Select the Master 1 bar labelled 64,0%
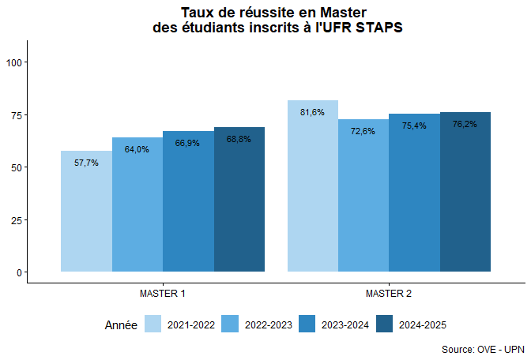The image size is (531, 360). coord(137,205)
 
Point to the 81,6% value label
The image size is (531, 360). coord(313,112)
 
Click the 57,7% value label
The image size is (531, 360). coord(86,163)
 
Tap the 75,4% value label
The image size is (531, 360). coord(414,126)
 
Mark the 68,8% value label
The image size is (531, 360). coord(239,139)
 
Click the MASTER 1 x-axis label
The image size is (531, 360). coord(163,294)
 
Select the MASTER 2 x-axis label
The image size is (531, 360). coord(389,294)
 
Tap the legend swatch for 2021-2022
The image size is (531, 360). coord(153,324)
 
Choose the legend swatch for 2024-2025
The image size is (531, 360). coord(385,324)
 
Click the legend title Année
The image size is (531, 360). coord(121,324)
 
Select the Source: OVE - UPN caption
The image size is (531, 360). coord(482,349)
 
